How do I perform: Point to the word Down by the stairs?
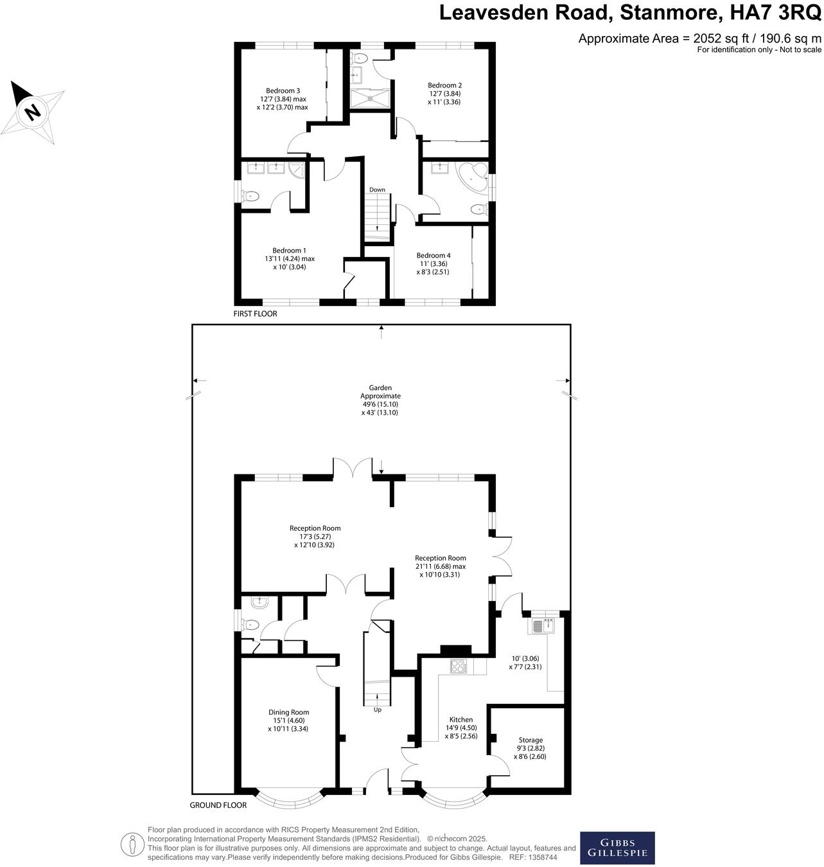(377, 190)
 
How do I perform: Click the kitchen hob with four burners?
(458, 666)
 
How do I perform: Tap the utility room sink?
(543, 625)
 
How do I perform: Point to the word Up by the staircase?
(377, 710)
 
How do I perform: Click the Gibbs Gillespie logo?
(617, 848)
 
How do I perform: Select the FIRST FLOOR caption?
(256, 314)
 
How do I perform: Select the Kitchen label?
(460, 720)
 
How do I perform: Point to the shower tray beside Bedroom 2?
(369, 98)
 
